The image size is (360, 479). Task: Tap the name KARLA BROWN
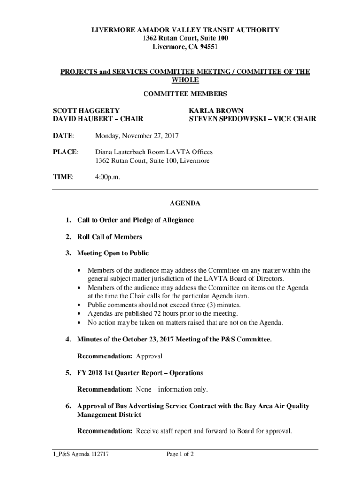pyautogui.click(x=216, y=111)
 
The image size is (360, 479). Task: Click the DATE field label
pyautogui.click(x=63, y=136)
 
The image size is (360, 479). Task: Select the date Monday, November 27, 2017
pyautogui.click(x=137, y=136)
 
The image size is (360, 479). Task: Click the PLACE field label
pyautogui.click(x=65, y=152)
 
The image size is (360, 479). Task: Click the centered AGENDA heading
pyautogui.click(x=185, y=203)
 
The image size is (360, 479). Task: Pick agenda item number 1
pyautogui.click(x=68, y=220)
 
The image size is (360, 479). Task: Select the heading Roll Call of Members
pyautogui.click(x=109, y=237)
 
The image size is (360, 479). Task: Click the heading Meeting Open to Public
pyautogui.click(x=113, y=253)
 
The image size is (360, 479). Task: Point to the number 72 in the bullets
pyautogui.click(x=152, y=313)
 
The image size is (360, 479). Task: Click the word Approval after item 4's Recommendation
pyautogui.click(x=149, y=356)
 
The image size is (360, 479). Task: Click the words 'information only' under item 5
pyautogui.click(x=185, y=389)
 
